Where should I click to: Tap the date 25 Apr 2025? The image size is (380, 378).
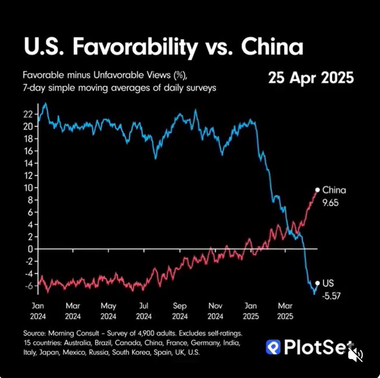311,78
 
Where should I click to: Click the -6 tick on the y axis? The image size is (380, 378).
29,285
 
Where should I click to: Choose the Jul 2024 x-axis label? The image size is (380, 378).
144,311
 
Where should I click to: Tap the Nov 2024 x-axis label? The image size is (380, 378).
215,311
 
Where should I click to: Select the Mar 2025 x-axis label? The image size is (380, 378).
286,311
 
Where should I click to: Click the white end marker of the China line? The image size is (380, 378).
317,190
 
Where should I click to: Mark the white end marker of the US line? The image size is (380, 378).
317,283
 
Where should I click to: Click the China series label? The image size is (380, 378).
334,190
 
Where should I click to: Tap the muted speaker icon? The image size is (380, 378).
355,354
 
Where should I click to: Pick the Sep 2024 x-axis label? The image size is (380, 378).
179,311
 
